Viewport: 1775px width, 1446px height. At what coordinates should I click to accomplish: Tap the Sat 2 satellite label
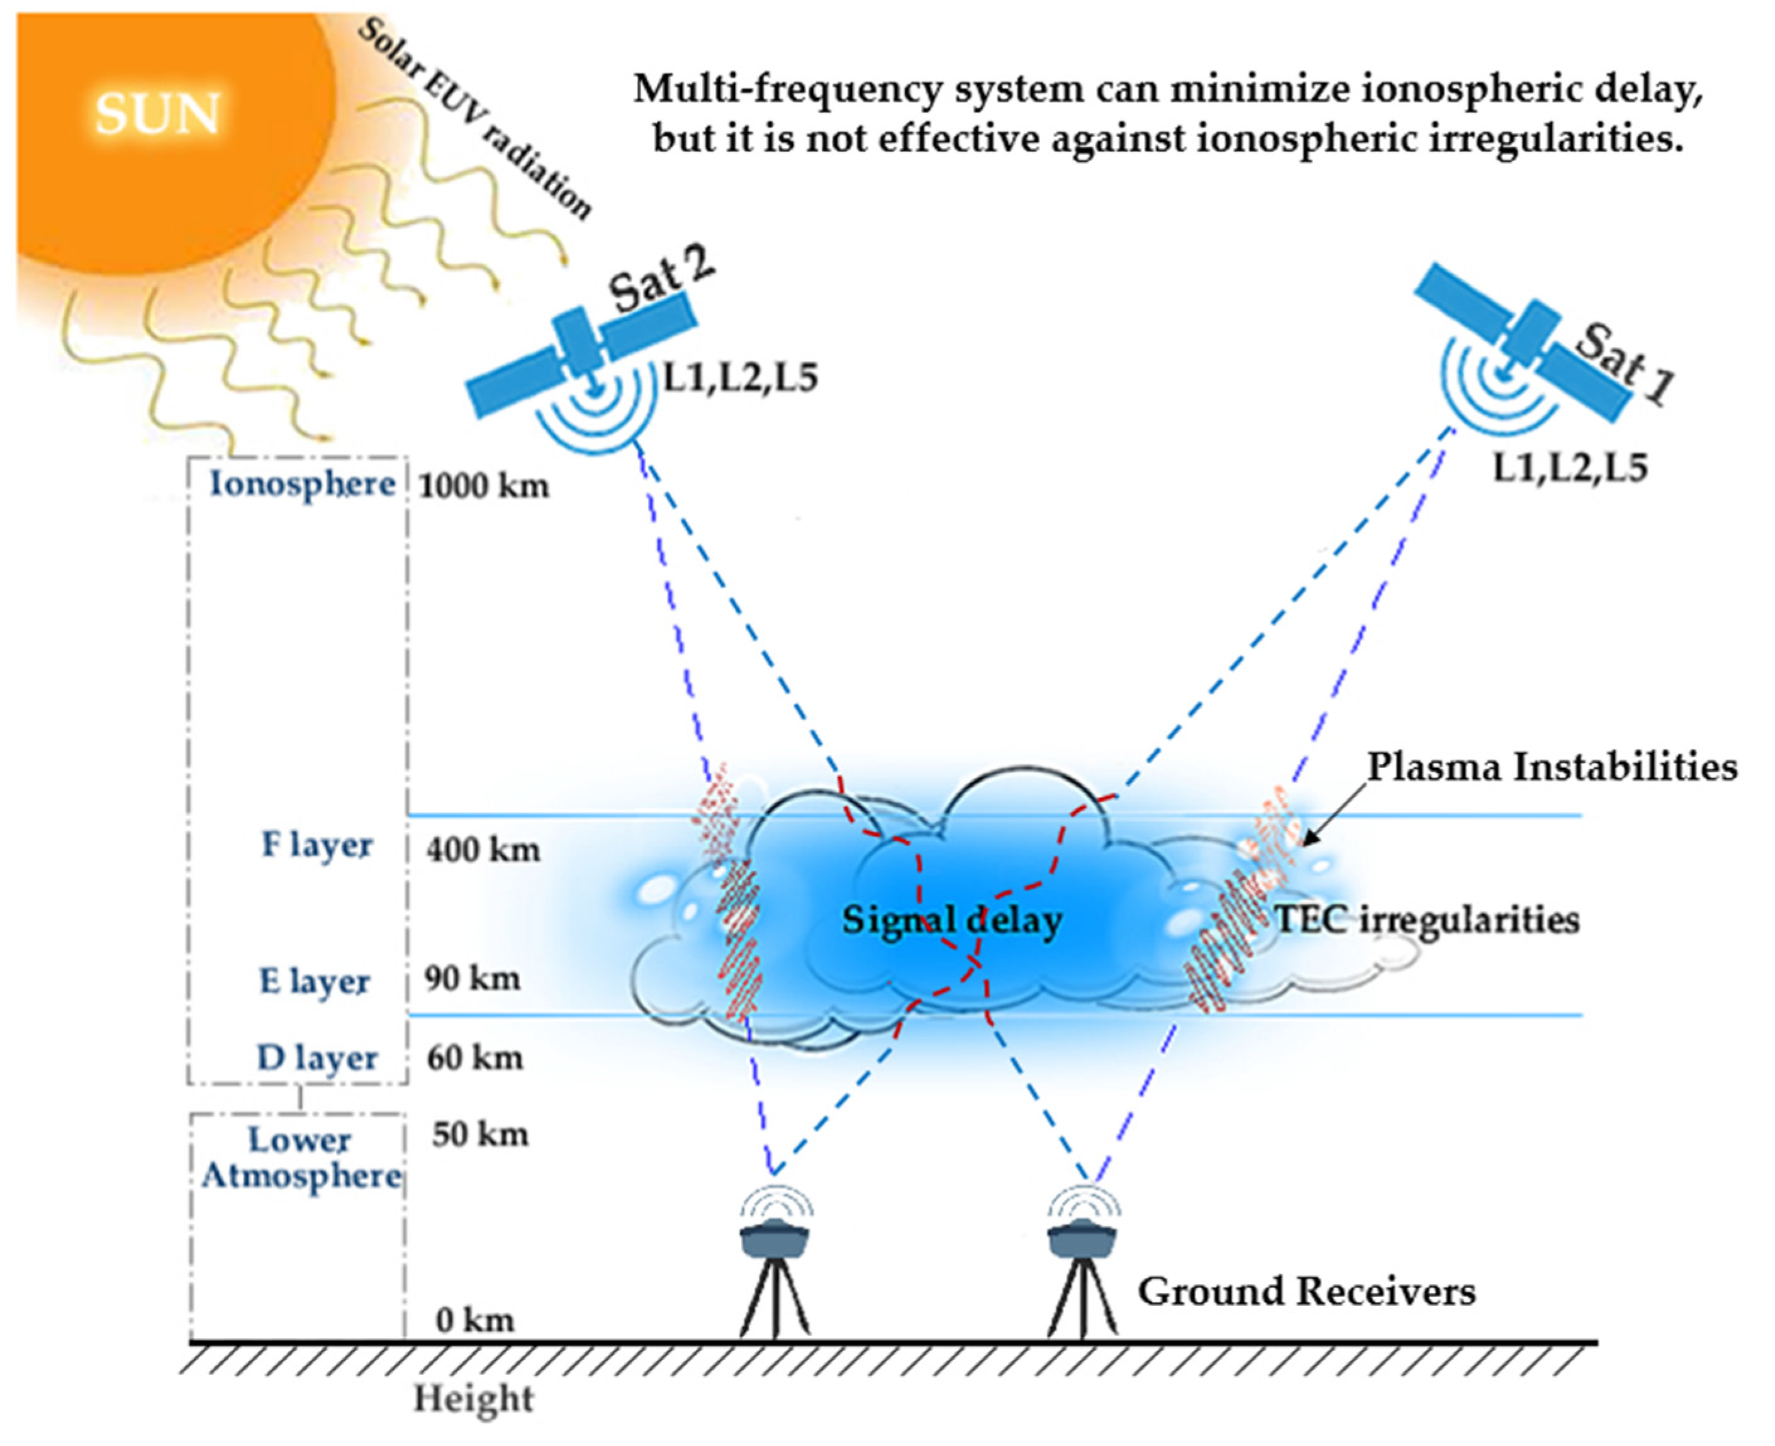tap(661, 280)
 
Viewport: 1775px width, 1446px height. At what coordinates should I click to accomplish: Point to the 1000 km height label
tap(483, 486)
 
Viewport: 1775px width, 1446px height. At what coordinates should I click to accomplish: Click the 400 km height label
tap(483, 850)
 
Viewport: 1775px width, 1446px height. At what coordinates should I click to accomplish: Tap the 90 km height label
tap(473, 979)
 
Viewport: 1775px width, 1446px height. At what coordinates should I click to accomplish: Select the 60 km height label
tap(475, 1059)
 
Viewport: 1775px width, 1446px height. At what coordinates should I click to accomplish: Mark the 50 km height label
tap(480, 1135)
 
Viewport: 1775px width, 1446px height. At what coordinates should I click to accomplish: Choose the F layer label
tap(316, 845)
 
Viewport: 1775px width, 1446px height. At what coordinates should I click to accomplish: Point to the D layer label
tap(316, 1059)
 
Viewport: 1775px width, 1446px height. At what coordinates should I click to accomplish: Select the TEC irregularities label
tap(1426, 920)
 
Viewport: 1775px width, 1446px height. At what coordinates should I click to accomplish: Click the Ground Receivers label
tap(1306, 1292)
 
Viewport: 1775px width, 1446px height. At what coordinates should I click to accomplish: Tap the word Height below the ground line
tap(473, 1399)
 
